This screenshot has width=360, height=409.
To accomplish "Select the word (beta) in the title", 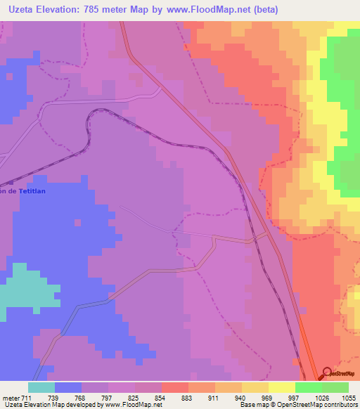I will coord(266,10).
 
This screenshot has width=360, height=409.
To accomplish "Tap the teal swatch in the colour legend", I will coord(41,387).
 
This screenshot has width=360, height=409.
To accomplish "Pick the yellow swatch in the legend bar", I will coord(282,387).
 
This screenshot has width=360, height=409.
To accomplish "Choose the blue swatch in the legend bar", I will coord(68,387).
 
